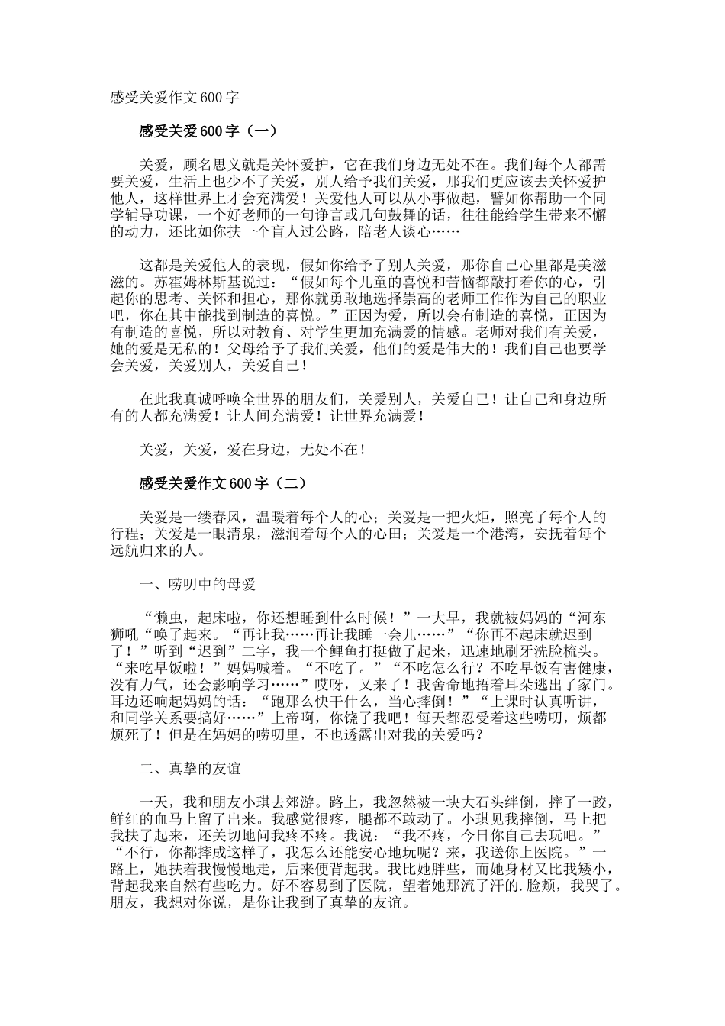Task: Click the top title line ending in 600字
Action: click(x=175, y=98)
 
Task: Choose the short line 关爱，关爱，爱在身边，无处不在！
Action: click(x=252, y=450)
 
